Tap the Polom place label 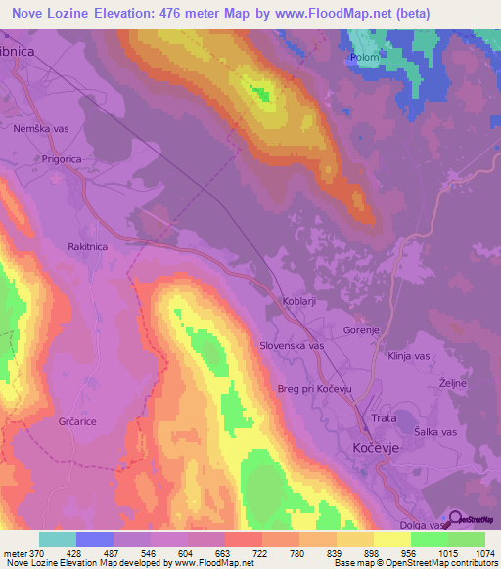click(x=364, y=58)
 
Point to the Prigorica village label click(x=65, y=156)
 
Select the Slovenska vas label click(x=292, y=346)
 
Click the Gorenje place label click(x=362, y=330)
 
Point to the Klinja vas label click(x=411, y=357)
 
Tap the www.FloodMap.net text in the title click(x=320, y=13)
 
